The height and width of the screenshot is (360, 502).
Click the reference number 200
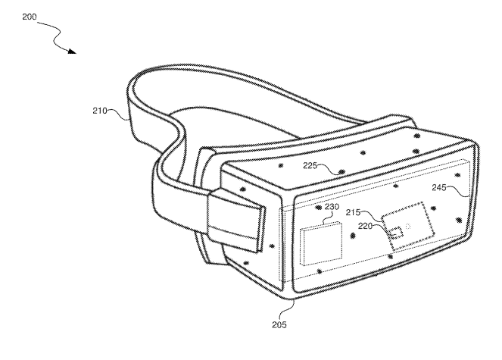30,17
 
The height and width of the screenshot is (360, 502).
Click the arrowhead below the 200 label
73,52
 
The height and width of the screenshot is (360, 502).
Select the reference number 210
100,111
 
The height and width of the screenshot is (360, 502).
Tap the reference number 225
310,165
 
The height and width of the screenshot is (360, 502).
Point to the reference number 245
439,187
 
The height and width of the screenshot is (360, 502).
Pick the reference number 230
332,207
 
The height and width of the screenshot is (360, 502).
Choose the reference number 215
354,212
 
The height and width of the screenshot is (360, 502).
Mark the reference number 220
365,226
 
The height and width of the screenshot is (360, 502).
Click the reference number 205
279,324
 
